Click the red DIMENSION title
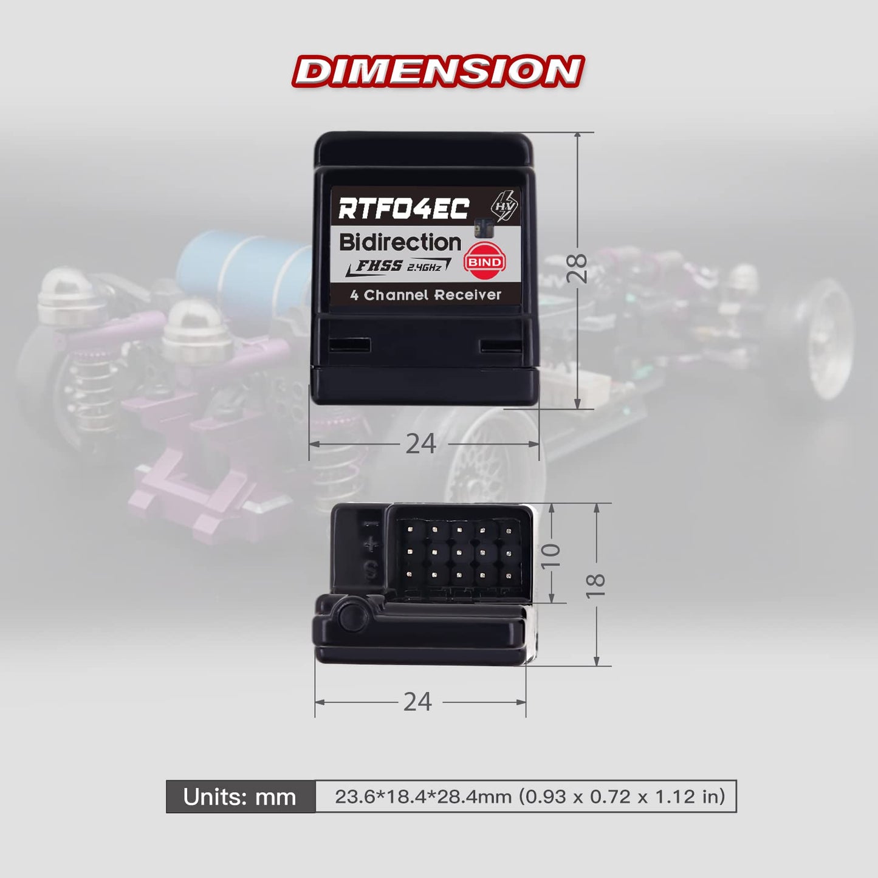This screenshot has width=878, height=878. [438, 70]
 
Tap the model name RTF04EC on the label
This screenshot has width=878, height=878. [403, 208]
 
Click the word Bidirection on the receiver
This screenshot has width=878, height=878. [400, 242]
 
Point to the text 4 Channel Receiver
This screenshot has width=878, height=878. [425, 295]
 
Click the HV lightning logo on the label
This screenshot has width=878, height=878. [504, 207]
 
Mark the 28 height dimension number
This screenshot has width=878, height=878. [577, 268]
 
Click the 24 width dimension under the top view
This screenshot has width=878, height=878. [420, 444]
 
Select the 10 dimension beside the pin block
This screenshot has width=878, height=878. [551, 555]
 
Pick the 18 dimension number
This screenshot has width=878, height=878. [596, 585]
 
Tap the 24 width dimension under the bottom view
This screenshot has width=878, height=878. [417, 702]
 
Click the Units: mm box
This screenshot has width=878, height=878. [240, 797]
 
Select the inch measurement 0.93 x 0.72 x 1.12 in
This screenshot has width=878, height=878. [623, 797]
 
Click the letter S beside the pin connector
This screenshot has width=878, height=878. [369, 571]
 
